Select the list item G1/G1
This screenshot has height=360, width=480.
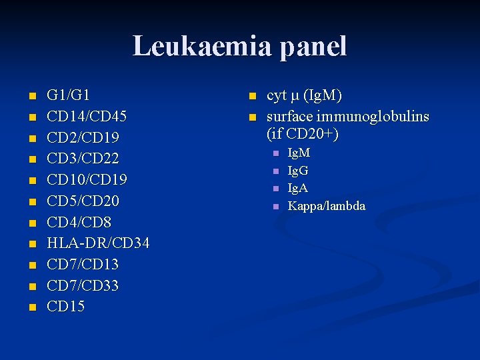68,95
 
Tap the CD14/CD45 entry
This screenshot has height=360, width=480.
87,117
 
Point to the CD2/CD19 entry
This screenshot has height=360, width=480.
82,138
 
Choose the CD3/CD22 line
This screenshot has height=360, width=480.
82,159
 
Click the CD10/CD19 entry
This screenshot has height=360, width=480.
87,180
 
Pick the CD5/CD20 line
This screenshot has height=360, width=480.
82,201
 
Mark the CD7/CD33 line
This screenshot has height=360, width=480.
82,286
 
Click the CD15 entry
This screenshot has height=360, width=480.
65,307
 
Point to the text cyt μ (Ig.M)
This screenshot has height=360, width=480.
304,96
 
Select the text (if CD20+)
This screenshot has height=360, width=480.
303,135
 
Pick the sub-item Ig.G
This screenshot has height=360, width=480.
298,171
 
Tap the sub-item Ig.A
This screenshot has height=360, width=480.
297,189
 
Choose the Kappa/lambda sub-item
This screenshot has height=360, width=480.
326,206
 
